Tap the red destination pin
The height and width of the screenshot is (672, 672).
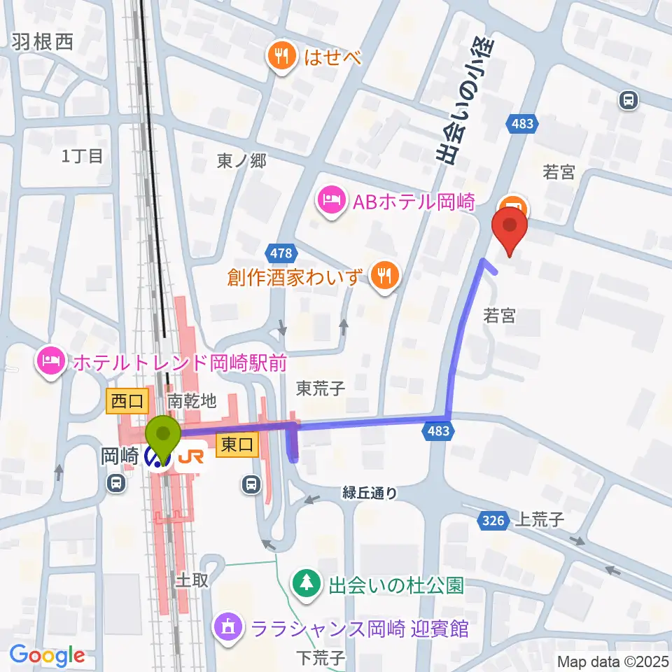click(510, 232)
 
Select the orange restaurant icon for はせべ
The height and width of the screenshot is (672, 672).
click(282, 55)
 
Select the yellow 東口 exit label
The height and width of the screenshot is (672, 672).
click(237, 444)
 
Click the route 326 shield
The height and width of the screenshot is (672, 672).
click(495, 520)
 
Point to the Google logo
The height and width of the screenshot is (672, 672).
click(47, 655)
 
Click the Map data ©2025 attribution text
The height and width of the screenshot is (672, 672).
click(613, 661)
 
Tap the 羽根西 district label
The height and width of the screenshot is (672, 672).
click(42, 43)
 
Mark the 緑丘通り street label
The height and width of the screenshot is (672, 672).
click(370, 493)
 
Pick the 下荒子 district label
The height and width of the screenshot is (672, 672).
click(321, 658)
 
